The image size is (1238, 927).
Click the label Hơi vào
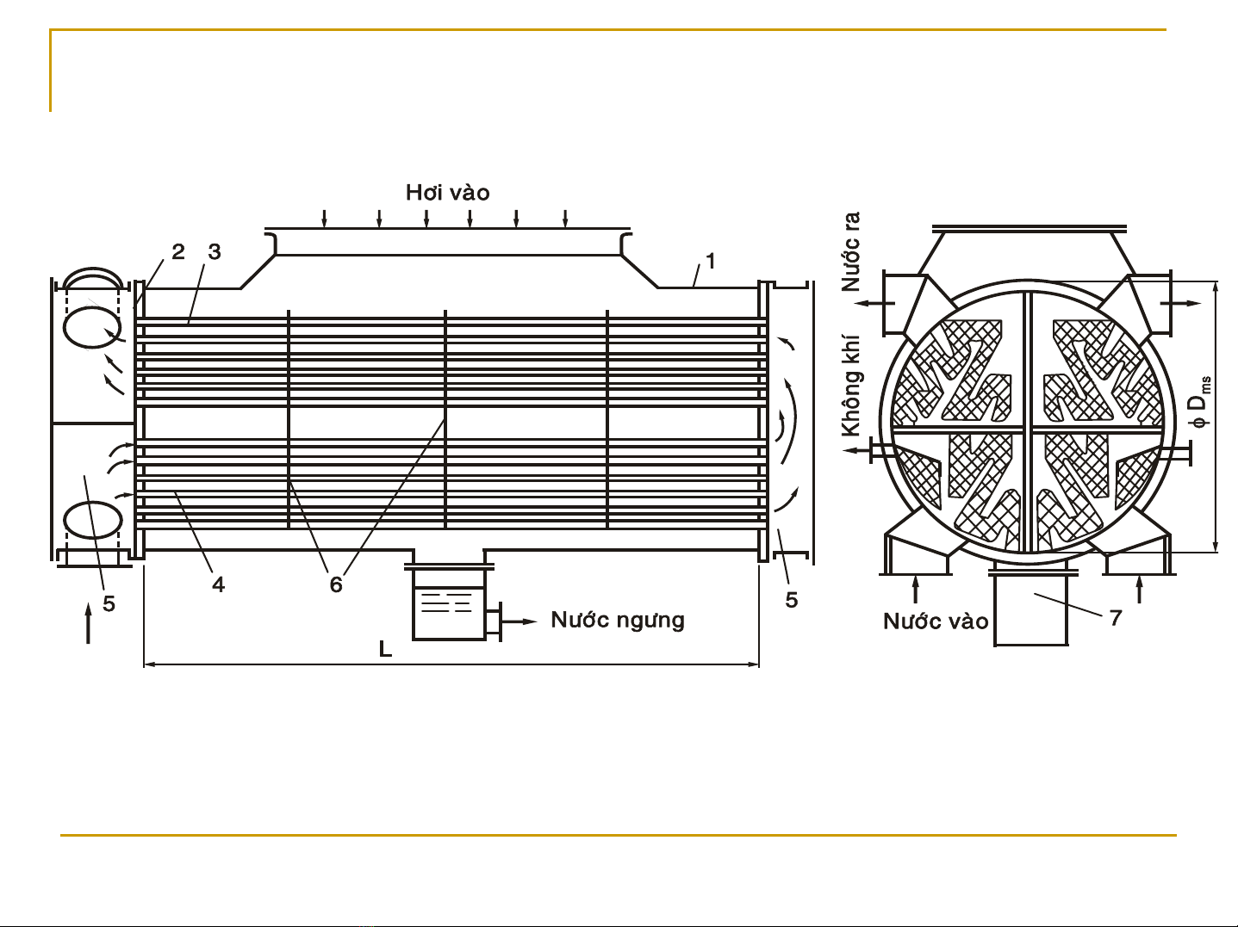pos(448,192)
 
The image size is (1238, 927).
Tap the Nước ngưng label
pos(618,620)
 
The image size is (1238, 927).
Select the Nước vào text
pos(936,621)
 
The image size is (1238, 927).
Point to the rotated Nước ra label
pos(851,251)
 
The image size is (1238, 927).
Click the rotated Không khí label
pos(851,386)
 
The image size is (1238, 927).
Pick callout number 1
pos(711,261)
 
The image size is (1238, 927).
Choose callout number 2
pos(178,252)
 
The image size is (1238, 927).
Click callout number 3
pos(215,252)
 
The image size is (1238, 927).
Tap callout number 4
pos(218,585)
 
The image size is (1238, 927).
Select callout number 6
pos(336,585)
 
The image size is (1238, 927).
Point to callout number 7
pos(1115,618)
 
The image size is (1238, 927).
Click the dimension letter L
pos(385,649)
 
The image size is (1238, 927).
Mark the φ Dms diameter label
pos(1199,401)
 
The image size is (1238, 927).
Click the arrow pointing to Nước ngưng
pos(519,621)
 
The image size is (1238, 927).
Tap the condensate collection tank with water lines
pos(450,605)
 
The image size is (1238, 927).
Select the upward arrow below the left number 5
pos(88,622)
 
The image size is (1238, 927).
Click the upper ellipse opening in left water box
pos(92,327)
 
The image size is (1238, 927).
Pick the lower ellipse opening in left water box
pos(92,521)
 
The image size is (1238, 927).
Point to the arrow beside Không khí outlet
pos(857,450)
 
